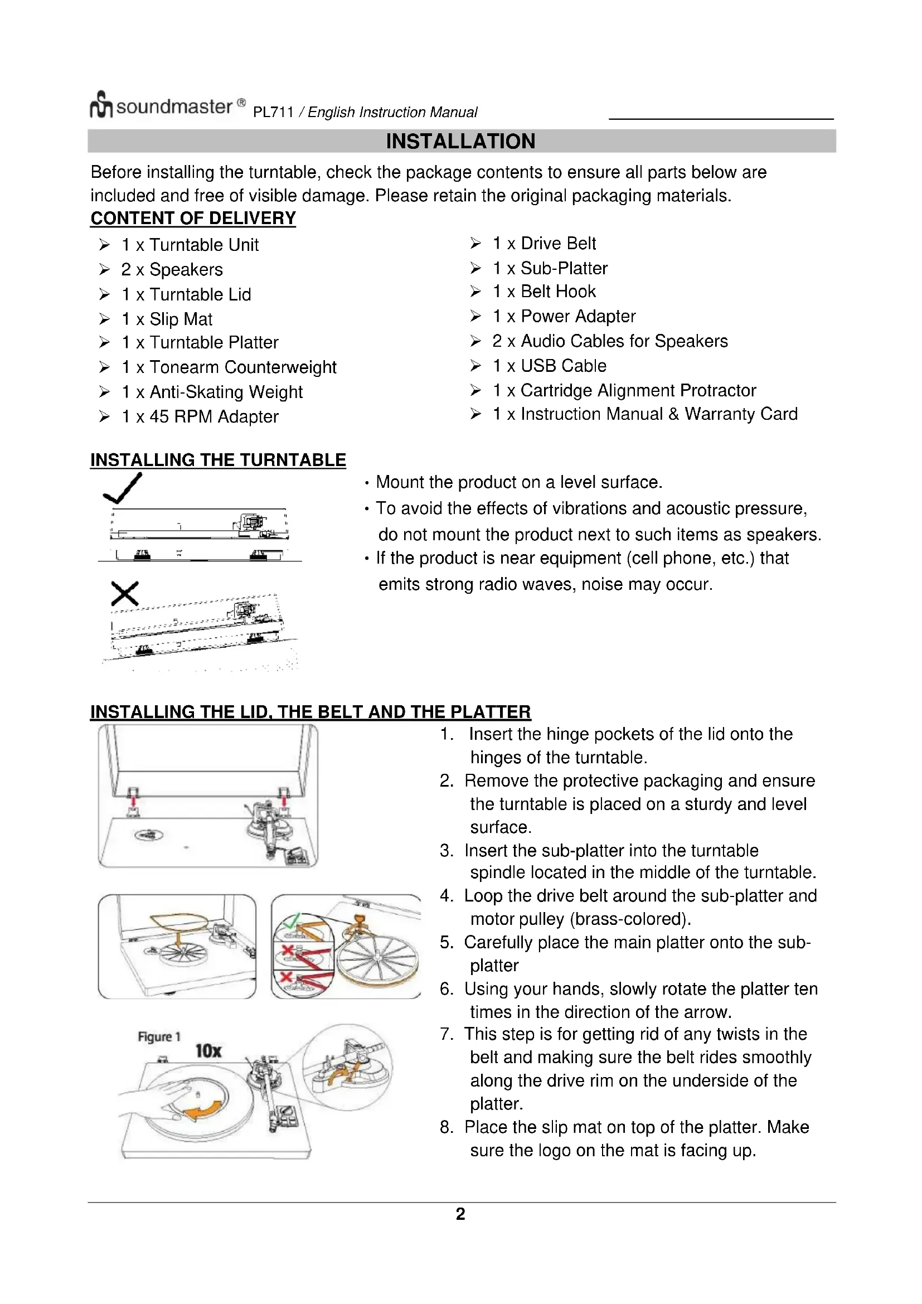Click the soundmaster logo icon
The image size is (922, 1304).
[101, 105]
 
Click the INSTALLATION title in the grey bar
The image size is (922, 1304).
[460, 142]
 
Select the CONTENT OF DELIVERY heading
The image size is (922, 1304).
[193, 218]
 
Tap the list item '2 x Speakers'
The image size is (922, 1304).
[172, 270]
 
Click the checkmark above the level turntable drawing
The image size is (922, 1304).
[123, 489]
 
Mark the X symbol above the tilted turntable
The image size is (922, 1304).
[125, 594]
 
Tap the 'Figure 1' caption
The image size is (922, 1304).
[159, 1036]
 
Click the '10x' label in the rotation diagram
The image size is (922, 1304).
[208, 1051]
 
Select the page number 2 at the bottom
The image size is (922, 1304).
[460, 1214]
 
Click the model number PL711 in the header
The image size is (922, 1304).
[273, 113]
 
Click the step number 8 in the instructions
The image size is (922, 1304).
[447, 1127]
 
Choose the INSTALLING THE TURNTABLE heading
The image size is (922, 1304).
[218, 460]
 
